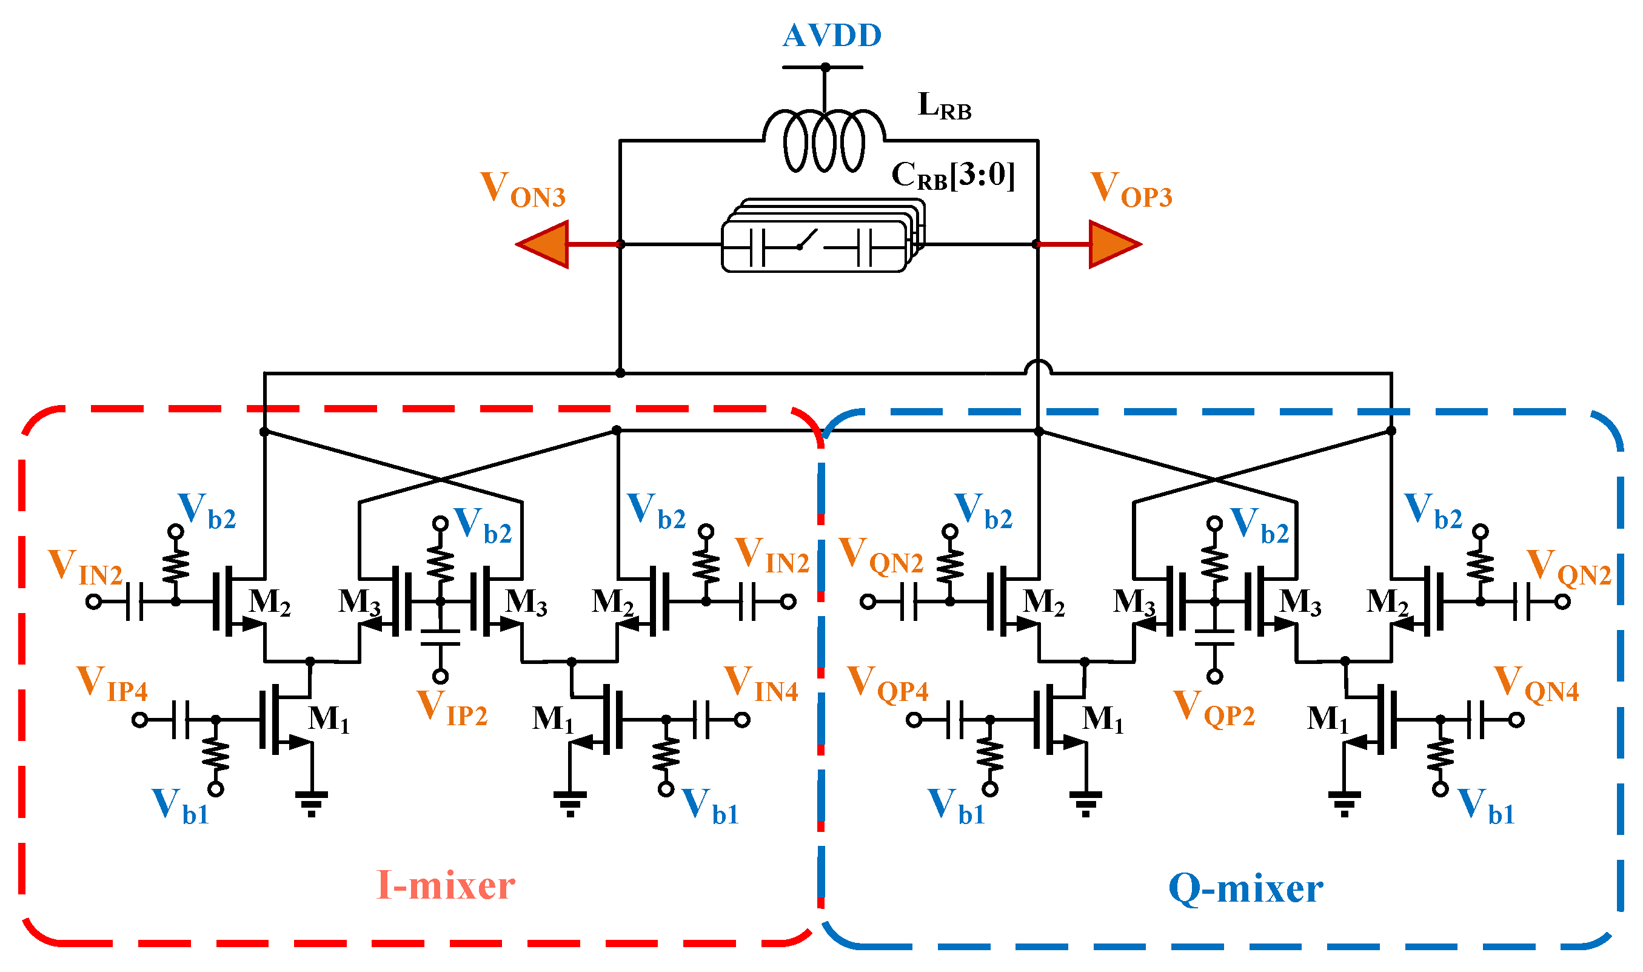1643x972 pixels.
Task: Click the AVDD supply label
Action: click(832, 35)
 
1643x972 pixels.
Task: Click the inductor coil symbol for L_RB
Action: click(824, 141)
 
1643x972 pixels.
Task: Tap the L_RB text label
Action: click(943, 106)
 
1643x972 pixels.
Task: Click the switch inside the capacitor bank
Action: click(808, 240)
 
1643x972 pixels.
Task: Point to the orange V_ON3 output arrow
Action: click(543, 244)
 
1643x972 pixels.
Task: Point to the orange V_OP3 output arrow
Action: click(1114, 244)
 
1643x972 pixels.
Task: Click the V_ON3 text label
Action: click(522, 190)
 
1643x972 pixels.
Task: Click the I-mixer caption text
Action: click(445, 885)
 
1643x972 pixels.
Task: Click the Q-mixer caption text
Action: click(1245, 889)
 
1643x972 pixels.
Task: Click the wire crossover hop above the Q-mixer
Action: click(1038, 367)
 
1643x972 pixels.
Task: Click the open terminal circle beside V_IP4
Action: click(139, 720)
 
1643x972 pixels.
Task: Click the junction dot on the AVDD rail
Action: click(825, 67)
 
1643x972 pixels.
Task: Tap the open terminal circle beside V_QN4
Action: click(1517, 720)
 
